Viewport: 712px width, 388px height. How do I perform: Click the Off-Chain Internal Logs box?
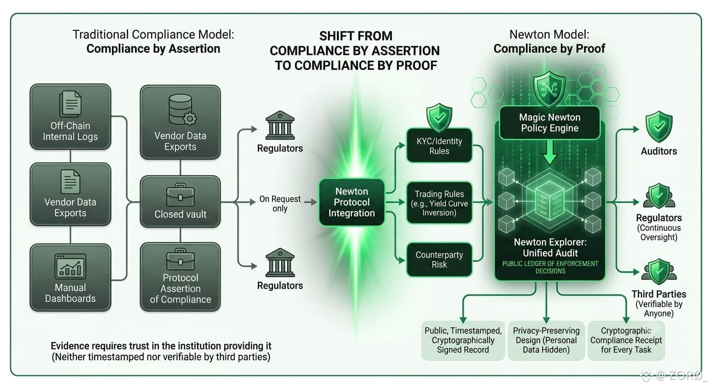(70, 117)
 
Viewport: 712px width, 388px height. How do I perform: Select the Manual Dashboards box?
(70, 277)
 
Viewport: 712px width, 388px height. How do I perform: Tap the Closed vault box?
(180, 202)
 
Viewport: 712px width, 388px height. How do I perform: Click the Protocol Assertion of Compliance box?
(180, 277)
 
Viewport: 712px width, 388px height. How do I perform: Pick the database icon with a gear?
(183, 110)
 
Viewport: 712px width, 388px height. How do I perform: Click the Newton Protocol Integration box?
(352, 202)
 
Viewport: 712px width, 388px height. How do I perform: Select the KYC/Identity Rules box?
(439, 145)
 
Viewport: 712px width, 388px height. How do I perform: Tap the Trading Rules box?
(439, 203)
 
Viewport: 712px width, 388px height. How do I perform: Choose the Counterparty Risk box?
(439, 260)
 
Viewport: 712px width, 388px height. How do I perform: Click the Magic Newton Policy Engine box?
(550, 123)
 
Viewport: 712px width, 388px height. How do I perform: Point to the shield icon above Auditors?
(658, 126)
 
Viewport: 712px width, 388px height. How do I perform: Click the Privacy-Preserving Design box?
(546, 341)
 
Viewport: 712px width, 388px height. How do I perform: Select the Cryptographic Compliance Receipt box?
(626, 341)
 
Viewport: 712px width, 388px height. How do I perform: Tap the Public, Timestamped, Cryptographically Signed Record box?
(463, 341)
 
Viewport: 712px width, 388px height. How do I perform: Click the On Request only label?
(280, 204)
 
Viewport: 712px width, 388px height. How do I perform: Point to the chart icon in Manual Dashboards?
(70, 266)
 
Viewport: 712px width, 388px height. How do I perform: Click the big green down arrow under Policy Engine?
(550, 153)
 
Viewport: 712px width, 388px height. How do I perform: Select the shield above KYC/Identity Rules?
(439, 117)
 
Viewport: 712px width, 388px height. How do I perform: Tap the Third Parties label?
(658, 294)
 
